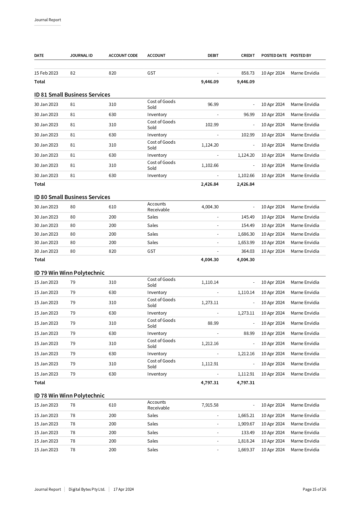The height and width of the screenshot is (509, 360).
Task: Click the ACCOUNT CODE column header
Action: (123, 55)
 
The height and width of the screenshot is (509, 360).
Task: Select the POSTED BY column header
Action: (301, 55)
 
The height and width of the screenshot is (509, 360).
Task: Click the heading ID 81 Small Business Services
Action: (72, 95)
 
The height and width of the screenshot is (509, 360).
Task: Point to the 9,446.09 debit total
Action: (210, 82)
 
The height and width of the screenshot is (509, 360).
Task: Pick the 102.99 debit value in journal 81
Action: (212, 125)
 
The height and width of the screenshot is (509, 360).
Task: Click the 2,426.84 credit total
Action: (246, 184)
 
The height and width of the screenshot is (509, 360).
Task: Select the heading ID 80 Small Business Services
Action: (72, 197)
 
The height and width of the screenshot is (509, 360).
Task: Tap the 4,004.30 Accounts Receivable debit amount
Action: (210, 207)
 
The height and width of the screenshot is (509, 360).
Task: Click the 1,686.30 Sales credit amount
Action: (246, 234)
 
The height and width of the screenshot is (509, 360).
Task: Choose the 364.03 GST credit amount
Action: (248, 251)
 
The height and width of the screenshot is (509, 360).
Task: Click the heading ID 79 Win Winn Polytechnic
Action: (69, 273)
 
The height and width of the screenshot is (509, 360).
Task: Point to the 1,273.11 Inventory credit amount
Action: (246, 313)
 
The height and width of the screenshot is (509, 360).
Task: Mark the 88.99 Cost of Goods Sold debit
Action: (213, 323)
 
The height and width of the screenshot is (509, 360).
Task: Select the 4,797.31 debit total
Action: (210, 383)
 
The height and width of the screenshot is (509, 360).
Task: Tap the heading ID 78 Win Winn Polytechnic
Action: (69, 396)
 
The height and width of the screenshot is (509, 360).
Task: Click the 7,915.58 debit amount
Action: (210, 405)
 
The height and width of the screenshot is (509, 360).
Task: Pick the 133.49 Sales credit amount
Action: (248, 433)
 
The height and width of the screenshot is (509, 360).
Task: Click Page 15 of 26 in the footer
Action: (314, 489)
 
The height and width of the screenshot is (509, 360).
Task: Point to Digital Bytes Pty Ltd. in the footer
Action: (87, 489)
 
